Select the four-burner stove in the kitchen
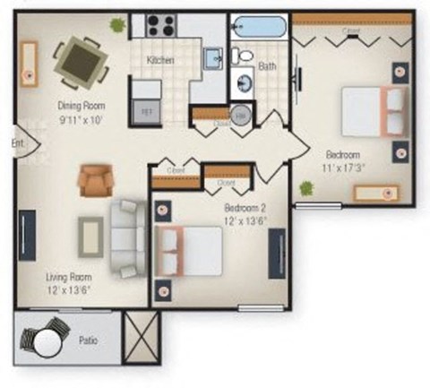click(159, 25)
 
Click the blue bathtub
click(260, 25)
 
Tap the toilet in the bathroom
click(242, 56)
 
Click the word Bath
click(267, 66)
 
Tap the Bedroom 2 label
click(243, 207)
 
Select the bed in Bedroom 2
click(189, 249)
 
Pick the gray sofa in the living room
click(128, 235)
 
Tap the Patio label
click(88, 341)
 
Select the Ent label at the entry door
click(16, 142)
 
